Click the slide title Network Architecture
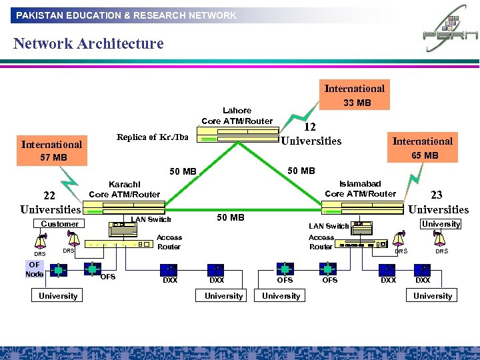88,44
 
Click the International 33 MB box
354,95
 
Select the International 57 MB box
52,151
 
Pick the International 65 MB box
423,148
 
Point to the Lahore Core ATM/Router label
237,115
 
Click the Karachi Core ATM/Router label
125,189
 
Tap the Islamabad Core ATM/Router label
360,189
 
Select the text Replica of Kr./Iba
152,137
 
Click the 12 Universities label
311,134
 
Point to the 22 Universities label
49,203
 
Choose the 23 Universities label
438,203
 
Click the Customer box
59,224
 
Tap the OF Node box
35,269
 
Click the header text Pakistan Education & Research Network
127,15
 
